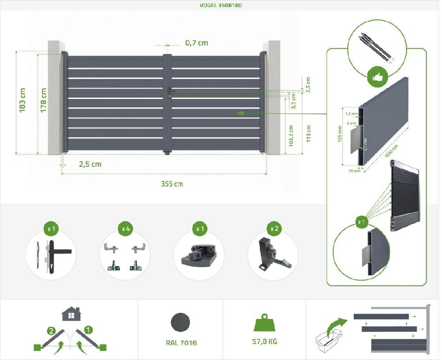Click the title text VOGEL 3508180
pyautogui.click(x=221, y=5)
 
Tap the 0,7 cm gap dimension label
pyautogui.click(x=196, y=43)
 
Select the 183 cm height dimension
pyautogui.click(x=23, y=100)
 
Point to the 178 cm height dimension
pyautogui.click(x=43, y=100)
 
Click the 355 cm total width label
pyautogui.click(x=171, y=184)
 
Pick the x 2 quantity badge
pyautogui.click(x=274, y=229)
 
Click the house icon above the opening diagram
pyautogui.click(x=71, y=314)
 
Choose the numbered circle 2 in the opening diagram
pyautogui.click(x=52, y=330)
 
